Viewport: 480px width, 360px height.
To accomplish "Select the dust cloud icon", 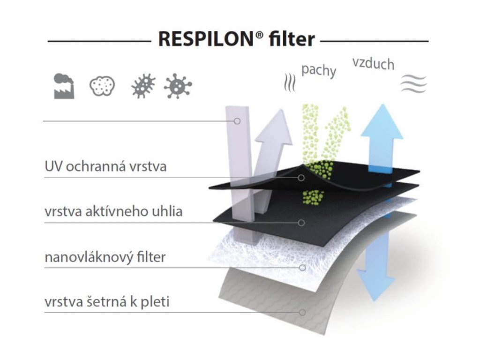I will point(102,86).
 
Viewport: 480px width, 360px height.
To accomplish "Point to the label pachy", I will point(319,70).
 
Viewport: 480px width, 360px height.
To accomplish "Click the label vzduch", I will point(373,63).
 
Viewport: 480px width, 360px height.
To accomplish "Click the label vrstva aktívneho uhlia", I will point(113,211).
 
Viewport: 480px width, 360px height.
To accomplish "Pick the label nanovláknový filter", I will point(105,257).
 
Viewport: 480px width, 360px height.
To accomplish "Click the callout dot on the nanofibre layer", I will point(302,268).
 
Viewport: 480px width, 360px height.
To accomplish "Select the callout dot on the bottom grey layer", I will point(302,312).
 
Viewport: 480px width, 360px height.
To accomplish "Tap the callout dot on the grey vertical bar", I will point(237,121).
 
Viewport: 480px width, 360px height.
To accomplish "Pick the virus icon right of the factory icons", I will point(178,86).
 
